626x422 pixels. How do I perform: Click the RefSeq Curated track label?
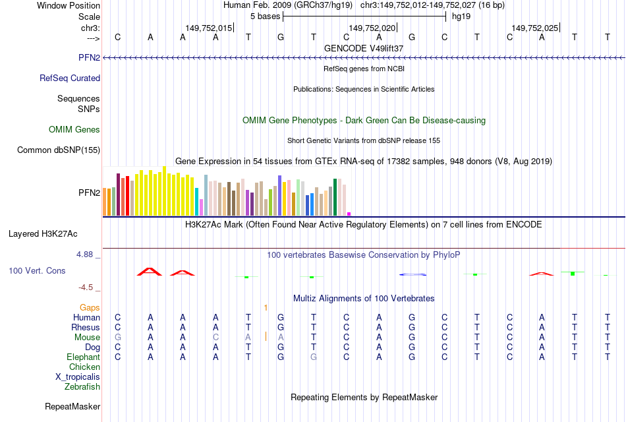(x=70, y=78)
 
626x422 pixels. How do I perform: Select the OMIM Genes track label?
(x=74, y=129)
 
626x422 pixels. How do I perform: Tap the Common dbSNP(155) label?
(x=59, y=150)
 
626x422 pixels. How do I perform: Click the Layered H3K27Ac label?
(x=43, y=233)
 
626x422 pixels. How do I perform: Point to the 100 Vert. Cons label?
(x=38, y=270)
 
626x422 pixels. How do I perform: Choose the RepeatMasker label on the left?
(x=72, y=406)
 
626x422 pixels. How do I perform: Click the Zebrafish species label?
(x=82, y=386)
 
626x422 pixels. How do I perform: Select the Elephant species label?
(x=83, y=357)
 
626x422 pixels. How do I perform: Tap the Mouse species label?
(x=87, y=337)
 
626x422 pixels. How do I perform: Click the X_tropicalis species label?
(x=78, y=377)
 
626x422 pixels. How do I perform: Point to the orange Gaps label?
(x=90, y=307)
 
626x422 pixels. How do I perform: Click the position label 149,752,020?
(x=372, y=28)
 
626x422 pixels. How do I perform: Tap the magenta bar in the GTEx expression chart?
(x=349, y=214)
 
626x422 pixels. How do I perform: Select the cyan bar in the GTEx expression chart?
(x=197, y=202)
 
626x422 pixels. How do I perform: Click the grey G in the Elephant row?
(x=314, y=357)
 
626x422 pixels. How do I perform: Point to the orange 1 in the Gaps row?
(x=266, y=307)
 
